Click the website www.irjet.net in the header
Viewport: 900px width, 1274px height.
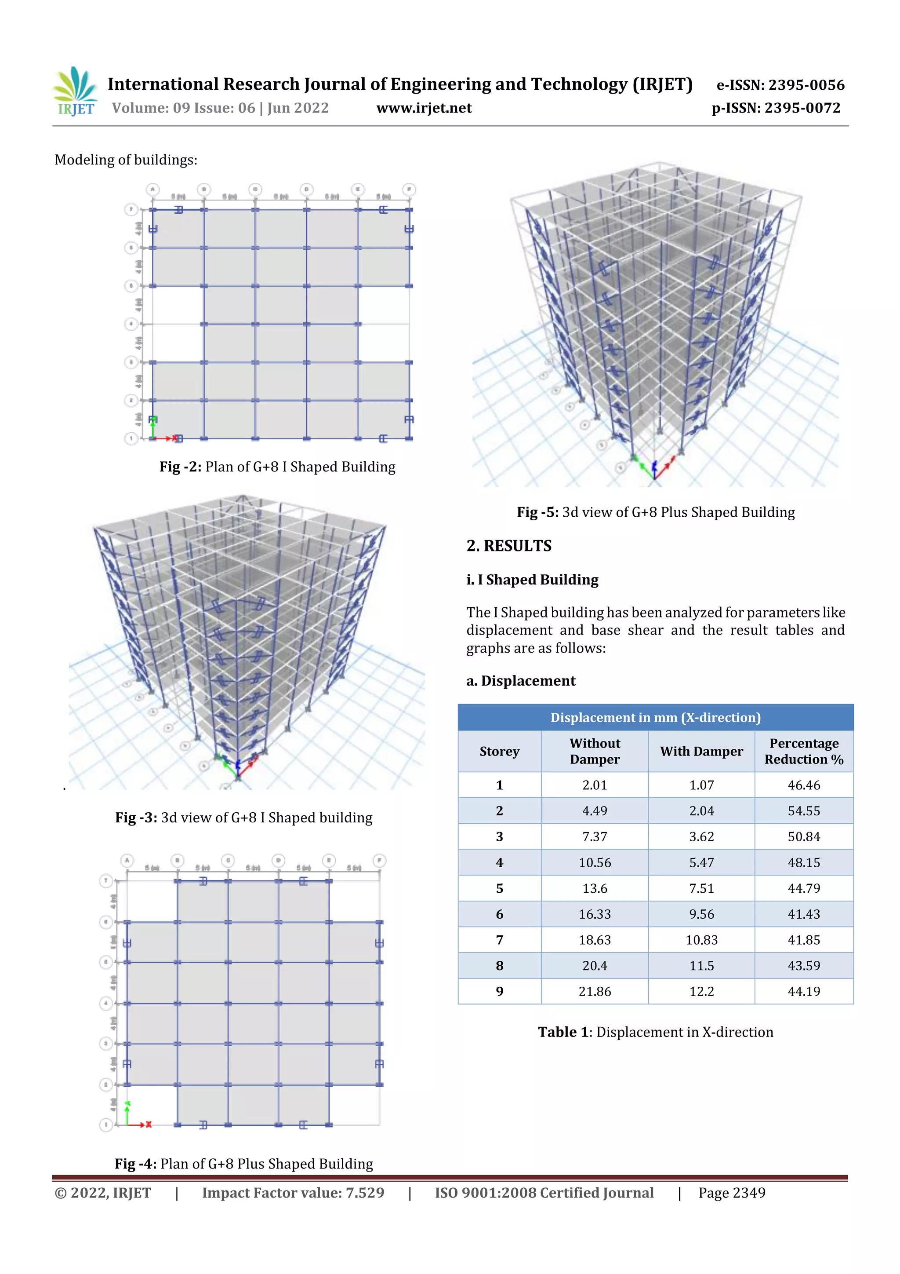424,108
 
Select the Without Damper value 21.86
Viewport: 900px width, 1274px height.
595,991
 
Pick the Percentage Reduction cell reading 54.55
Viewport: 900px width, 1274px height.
803,810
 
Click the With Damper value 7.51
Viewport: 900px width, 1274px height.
701,888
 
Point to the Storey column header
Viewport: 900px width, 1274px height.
499,751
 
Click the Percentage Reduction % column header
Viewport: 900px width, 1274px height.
803,751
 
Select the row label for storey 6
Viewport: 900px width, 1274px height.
499,914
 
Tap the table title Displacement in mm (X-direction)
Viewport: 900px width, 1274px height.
655,717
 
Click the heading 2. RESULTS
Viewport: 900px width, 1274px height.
508,546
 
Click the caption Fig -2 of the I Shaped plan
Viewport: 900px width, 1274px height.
277,467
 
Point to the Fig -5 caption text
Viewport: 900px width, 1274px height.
656,512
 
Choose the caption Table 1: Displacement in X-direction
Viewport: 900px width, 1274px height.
655,1032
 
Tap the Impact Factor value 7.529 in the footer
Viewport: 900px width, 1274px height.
293,1193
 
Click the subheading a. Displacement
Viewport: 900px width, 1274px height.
521,681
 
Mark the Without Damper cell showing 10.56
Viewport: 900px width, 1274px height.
595,862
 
